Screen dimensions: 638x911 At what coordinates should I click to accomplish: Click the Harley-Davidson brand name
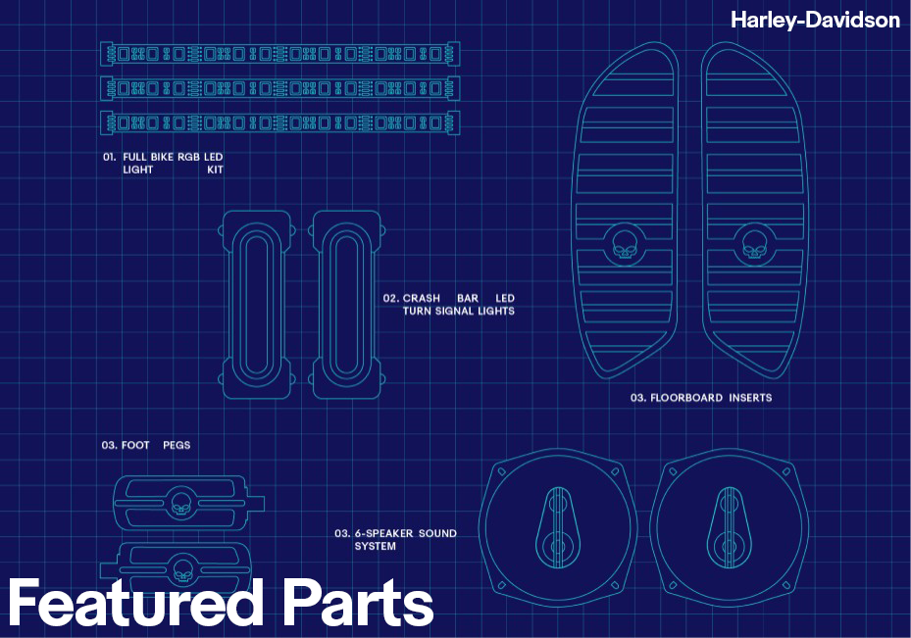pos(815,20)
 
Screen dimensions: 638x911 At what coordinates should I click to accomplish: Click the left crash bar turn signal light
pos(257,304)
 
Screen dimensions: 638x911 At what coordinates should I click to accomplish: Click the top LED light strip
pos(280,53)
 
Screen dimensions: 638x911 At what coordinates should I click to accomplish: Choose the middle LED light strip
pos(280,88)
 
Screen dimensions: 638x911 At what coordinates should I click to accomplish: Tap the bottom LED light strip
pos(280,123)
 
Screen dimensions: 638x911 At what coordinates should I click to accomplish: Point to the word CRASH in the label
pos(422,298)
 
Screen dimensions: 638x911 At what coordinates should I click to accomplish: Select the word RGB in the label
pos(189,157)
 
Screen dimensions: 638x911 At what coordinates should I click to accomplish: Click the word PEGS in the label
pos(177,445)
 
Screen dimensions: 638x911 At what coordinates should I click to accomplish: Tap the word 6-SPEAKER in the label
pos(384,533)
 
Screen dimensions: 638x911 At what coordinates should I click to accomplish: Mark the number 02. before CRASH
pos(390,298)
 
